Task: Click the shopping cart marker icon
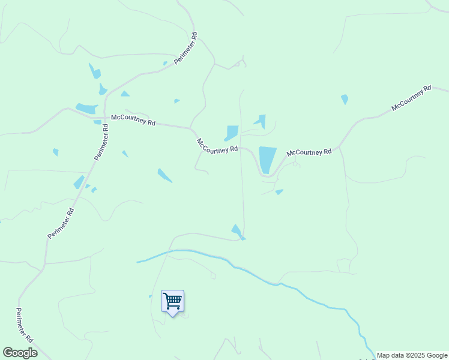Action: pos(173,301)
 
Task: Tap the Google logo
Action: pos(20,353)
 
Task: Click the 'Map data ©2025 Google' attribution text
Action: pos(412,355)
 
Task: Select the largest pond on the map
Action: pos(267,159)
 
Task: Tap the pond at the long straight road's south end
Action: pos(237,230)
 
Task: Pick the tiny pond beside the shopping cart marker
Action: pos(151,296)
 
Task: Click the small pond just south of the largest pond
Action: pos(279,192)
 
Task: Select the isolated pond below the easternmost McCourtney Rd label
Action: pos(345,99)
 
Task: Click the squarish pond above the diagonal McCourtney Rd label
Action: pos(232,132)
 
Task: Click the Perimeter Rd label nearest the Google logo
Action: pos(24,324)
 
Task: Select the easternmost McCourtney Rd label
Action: pos(411,98)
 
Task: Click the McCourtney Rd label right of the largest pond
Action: pos(309,153)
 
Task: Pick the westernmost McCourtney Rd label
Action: pos(133,120)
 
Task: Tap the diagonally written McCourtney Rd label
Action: pos(217,146)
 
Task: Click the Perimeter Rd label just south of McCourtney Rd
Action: pos(101,142)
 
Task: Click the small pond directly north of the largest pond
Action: pos(261,121)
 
